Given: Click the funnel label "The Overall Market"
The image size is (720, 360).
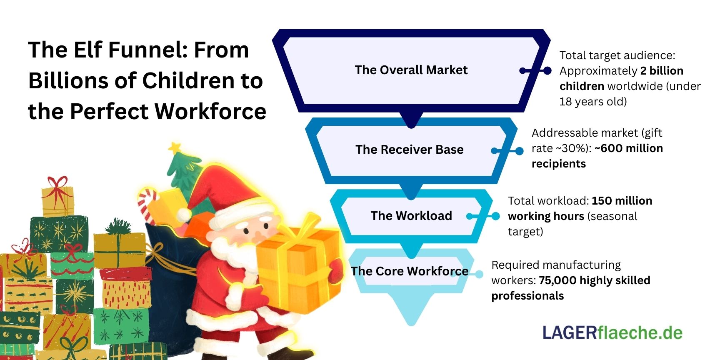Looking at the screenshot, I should tap(411, 70).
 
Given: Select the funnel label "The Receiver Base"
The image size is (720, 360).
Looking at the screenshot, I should tap(409, 150).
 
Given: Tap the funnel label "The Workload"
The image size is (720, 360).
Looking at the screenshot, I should tap(411, 216).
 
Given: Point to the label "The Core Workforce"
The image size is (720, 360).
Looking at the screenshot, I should tap(409, 271).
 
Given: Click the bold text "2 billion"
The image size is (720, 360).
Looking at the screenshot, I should tap(662, 71).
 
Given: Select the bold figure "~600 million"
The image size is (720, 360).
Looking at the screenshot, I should tap(628, 148).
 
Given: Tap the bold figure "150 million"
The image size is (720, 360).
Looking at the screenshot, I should tap(622, 201).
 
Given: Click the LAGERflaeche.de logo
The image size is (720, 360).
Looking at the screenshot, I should tap(612, 333).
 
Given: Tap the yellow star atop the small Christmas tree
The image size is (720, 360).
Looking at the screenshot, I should tap(175, 147).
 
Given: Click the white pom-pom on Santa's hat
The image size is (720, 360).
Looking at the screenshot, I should tap(183, 215).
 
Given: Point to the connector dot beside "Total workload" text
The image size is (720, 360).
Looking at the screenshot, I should tap(495, 216).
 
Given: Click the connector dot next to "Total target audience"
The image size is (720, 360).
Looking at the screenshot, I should tap(547, 71).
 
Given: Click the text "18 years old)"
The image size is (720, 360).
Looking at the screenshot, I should tap(593, 102).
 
